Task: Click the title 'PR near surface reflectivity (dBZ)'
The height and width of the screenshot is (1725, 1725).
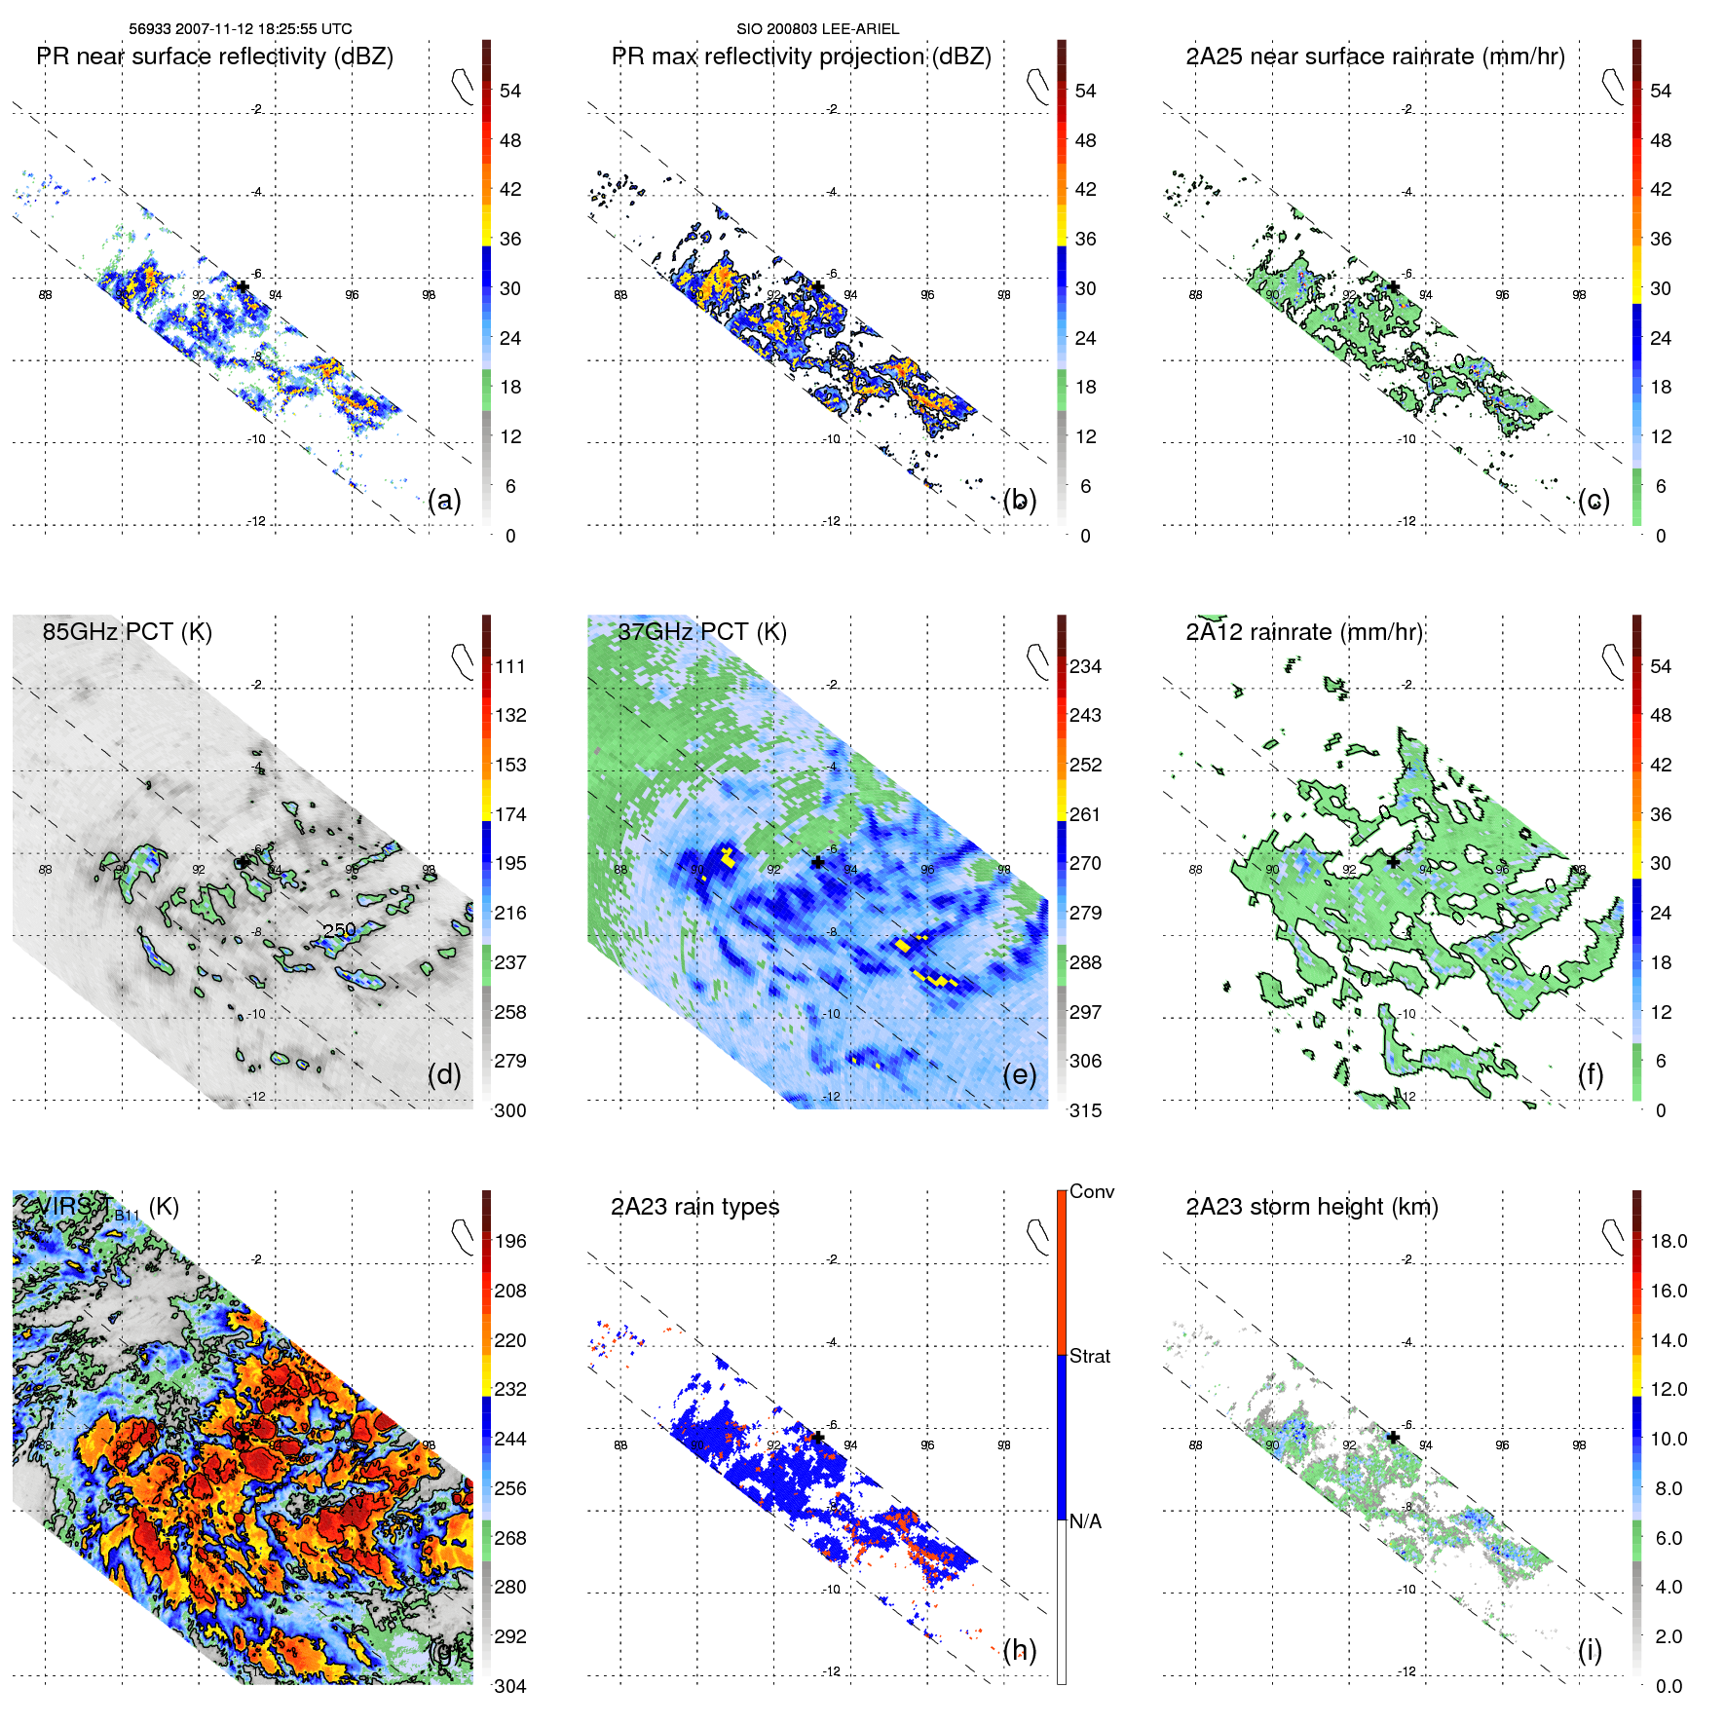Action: pyautogui.click(x=214, y=56)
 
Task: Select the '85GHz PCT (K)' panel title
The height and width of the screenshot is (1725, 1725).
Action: pyautogui.click(x=127, y=631)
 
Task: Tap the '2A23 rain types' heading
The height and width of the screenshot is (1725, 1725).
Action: pyautogui.click(x=694, y=1207)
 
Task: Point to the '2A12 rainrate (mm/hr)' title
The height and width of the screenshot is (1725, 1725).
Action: pyautogui.click(x=1304, y=631)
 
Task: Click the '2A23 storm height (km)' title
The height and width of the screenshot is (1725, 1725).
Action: pyautogui.click(x=1311, y=1207)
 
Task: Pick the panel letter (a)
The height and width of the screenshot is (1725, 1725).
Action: pyautogui.click(x=444, y=501)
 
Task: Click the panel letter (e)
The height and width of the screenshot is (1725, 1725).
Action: pyautogui.click(x=1019, y=1074)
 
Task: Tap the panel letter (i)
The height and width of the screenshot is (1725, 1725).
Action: pyautogui.click(x=1590, y=1650)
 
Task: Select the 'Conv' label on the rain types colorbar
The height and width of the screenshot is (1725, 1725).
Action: pyautogui.click(x=1091, y=1191)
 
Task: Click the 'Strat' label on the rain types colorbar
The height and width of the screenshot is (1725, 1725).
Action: pyautogui.click(x=1089, y=1356)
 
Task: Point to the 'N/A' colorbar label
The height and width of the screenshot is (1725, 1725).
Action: pyautogui.click(x=1086, y=1521)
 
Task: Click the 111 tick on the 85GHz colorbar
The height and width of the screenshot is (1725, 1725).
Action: pyautogui.click(x=510, y=666)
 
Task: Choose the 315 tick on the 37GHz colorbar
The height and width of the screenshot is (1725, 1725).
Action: pyautogui.click(x=1085, y=1110)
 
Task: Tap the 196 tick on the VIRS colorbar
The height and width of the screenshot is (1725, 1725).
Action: pyautogui.click(x=510, y=1241)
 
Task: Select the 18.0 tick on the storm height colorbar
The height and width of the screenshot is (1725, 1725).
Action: pyautogui.click(x=1669, y=1241)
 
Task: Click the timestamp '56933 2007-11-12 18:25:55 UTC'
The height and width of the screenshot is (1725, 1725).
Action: pyautogui.click(x=241, y=29)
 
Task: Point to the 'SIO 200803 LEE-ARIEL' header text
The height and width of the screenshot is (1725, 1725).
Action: pyautogui.click(x=817, y=29)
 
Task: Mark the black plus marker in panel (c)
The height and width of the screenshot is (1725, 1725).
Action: pyautogui.click(x=1393, y=287)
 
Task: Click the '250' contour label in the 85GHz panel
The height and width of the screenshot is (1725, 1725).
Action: pyautogui.click(x=339, y=929)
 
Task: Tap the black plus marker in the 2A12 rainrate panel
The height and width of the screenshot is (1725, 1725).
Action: pyautogui.click(x=1393, y=862)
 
